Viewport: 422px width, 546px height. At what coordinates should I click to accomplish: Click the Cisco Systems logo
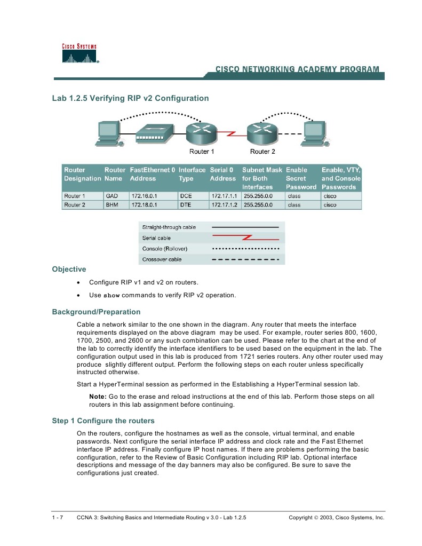81,54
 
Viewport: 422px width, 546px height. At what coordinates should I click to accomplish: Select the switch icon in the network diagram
154,133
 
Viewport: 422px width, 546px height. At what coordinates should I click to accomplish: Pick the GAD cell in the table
111,196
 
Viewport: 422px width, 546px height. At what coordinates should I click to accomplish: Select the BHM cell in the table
112,204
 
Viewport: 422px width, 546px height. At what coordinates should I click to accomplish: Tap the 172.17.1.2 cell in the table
223,204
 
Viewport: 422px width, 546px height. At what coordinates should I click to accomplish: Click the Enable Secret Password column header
301,178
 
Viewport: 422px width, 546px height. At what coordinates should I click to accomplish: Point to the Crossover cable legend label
162,259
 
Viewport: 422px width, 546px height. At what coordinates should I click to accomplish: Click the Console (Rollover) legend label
165,249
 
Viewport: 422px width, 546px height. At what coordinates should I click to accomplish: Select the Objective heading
69,269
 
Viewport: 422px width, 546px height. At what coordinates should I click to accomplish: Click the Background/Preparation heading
96,312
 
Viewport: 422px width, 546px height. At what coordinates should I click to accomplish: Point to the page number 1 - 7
58,518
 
